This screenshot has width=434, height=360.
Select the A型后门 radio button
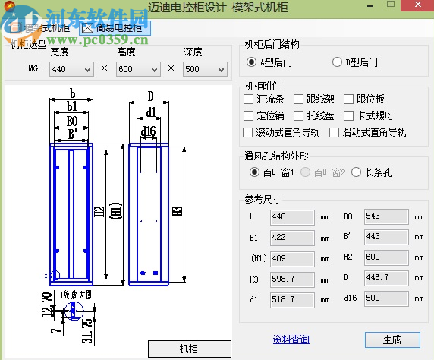(x=252, y=62)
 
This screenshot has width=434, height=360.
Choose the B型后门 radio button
(x=338, y=62)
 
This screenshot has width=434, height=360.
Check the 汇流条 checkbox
(x=249, y=99)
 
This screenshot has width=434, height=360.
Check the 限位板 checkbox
(x=350, y=99)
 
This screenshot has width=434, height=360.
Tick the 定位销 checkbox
(x=249, y=115)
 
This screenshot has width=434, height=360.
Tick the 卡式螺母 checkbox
(x=350, y=115)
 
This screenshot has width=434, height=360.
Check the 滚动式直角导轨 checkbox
(x=249, y=132)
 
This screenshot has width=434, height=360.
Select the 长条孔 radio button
(x=357, y=172)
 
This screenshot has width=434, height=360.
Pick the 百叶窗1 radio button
(x=254, y=172)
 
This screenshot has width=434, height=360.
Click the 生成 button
(x=392, y=339)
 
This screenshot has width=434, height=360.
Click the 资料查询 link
(x=291, y=339)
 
